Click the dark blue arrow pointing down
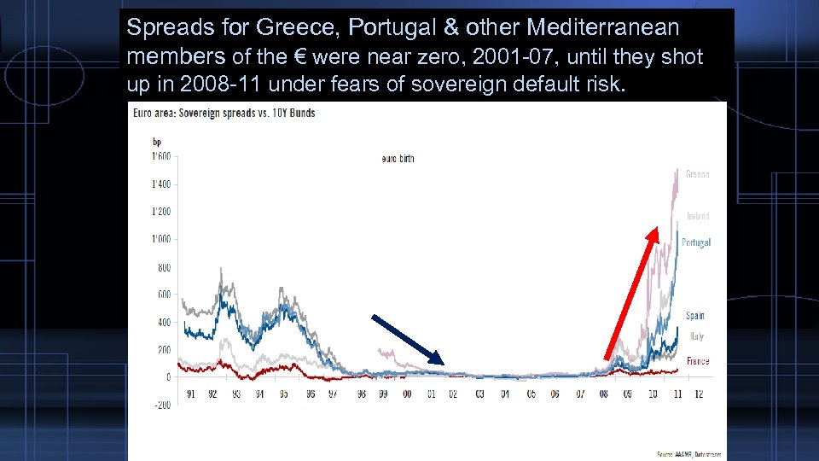pos(408,340)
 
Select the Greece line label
pos(697,174)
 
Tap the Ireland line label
pos(698,216)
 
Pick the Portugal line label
pos(696,242)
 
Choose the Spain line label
pos(695,316)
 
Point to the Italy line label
pos(696,336)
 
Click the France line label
pos(698,361)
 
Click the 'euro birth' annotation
pos(398,159)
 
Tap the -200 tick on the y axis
pos(161,405)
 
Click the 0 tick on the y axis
pos(168,376)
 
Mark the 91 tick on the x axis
pos(189,394)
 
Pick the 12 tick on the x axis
pos(699,394)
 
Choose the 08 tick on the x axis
pos(604,394)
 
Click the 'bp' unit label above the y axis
pos(158,141)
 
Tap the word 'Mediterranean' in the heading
pos(602,27)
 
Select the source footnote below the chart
pos(688,453)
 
